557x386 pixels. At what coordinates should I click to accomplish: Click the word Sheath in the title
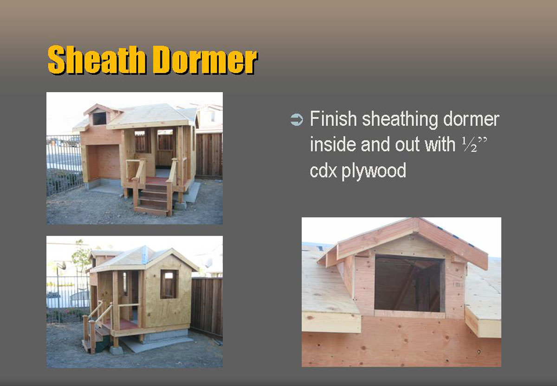97,60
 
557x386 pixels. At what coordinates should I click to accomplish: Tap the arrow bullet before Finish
297,120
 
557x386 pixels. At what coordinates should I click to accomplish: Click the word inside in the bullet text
333,145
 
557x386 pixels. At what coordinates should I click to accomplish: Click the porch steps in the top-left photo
153,199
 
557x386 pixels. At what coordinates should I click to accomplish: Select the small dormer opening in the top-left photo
99,119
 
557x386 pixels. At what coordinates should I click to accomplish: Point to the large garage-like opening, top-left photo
104,163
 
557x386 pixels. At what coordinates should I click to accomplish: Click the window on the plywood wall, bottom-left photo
169,284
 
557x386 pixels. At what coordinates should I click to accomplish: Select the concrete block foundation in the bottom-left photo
167,335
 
